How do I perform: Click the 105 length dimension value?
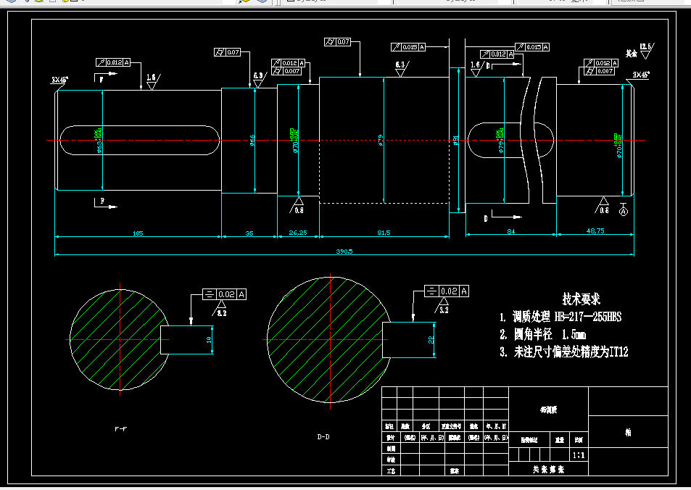137,233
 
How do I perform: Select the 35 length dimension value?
249,233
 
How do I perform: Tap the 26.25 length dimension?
298,233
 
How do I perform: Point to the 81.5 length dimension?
384,233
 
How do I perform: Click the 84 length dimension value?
510,232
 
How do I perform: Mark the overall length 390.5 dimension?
344,252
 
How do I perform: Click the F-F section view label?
120,429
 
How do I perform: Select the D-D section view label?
323,436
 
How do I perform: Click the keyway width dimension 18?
209,339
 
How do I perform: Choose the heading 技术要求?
582,299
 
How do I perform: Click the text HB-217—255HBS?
588,317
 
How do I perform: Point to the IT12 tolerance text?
618,352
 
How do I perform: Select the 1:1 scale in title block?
579,456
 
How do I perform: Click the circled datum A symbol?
623,212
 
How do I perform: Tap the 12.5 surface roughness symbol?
646,49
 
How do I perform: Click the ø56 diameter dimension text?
252,138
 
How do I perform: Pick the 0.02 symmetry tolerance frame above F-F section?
225,295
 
